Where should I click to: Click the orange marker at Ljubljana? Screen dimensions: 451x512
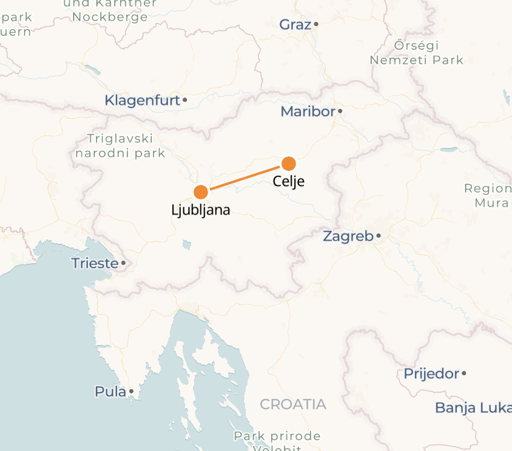point(201,192)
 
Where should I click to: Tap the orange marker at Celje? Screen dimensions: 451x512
point(289,163)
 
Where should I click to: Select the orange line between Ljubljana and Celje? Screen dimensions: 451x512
point(245,178)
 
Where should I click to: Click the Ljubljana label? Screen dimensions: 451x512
point(201,211)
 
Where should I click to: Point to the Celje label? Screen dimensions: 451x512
point(288,181)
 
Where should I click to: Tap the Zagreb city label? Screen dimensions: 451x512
point(348,236)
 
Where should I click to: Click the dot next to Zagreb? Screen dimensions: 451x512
point(379,236)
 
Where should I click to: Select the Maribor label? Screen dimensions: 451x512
point(308,112)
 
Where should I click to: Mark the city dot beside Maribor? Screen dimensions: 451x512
point(340,111)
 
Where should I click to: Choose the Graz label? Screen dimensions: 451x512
point(295,25)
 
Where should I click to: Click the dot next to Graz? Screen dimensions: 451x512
point(316,24)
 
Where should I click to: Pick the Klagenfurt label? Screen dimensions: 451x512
point(143,101)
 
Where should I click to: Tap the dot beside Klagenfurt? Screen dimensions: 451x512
point(185,99)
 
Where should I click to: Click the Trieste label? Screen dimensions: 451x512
point(95,264)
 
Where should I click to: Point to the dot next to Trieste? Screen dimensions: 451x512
point(123,263)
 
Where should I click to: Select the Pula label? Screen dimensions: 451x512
point(110,392)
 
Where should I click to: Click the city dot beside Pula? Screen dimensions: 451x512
point(131,392)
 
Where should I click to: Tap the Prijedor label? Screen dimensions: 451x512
point(431,373)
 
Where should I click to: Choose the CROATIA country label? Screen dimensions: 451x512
point(293,404)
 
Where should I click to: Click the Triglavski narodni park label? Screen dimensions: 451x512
point(120,145)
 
